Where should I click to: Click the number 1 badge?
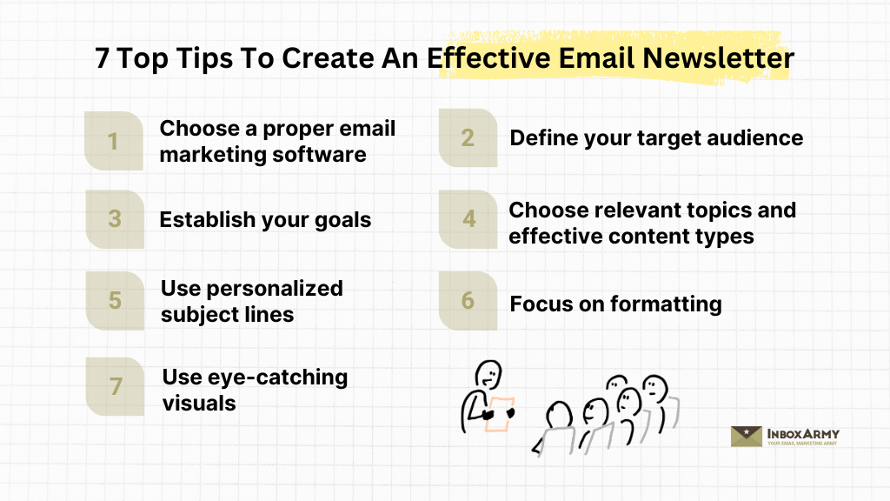point(113,141)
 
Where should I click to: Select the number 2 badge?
point(468,138)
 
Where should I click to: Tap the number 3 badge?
point(114,219)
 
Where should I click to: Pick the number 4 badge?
point(468,219)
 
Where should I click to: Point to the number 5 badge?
point(114,301)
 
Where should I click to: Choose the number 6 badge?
point(468,301)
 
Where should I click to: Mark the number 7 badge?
point(114,386)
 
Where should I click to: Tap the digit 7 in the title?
point(103,58)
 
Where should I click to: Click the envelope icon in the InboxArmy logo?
point(747,436)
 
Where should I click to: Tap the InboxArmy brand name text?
point(803,433)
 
